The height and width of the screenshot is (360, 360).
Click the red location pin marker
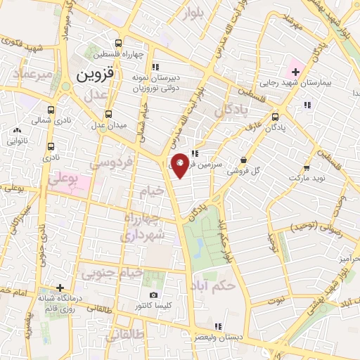point(180,164)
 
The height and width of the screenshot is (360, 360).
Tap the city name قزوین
point(98,74)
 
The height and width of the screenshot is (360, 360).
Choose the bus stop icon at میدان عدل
point(108,114)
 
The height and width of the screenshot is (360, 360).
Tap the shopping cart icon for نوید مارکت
point(307,168)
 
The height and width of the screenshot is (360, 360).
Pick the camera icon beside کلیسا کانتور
point(153,295)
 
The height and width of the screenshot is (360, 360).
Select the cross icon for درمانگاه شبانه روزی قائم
point(61,288)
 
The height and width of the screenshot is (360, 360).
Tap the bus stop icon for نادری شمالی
point(51,110)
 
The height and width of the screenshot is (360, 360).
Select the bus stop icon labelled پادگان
point(274,117)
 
